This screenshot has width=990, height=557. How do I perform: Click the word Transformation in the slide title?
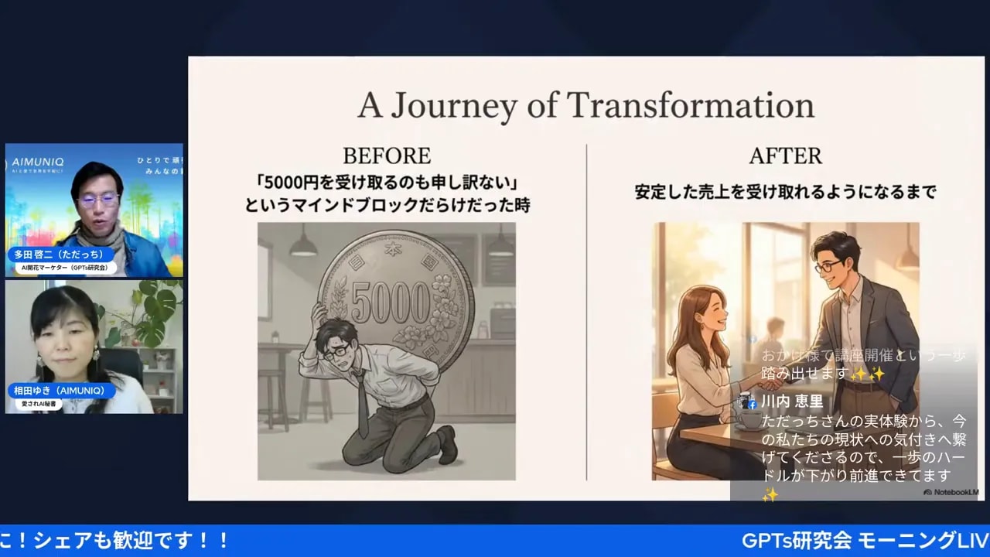point(691,105)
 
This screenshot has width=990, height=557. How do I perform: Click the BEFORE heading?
point(386,155)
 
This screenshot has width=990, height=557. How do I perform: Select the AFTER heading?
point(784,155)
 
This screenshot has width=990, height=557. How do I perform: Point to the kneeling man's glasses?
point(339,349)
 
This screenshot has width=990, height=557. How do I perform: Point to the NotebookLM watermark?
point(950,492)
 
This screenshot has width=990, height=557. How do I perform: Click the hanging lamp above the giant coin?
point(302,245)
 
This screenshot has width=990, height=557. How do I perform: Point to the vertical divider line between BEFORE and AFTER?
point(586,309)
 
